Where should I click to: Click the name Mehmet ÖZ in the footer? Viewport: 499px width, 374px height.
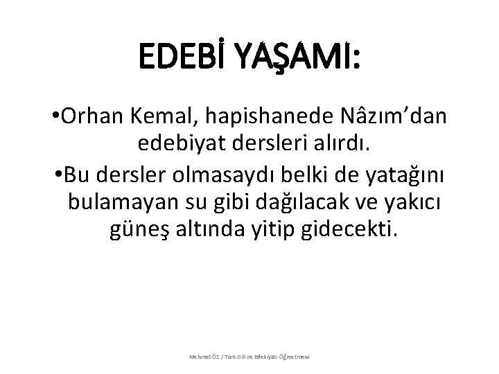coord(206,357)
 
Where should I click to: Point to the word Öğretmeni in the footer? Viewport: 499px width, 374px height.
coord(293,357)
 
